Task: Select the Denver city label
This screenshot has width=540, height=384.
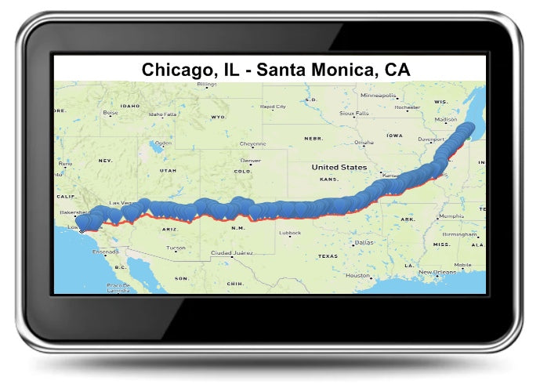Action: pyautogui.click(x=251, y=161)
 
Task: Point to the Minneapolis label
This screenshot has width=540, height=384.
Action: pyautogui.click(x=379, y=95)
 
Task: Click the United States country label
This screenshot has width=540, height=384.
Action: pyautogui.click(x=339, y=168)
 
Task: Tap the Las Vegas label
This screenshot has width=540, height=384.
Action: pyautogui.click(x=121, y=203)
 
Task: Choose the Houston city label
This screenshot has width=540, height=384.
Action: pyautogui.click(x=358, y=275)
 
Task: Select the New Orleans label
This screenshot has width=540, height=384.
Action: pyautogui.click(x=437, y=272)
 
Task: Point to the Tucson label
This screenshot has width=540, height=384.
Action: pyautogui.click(x=176, y=248)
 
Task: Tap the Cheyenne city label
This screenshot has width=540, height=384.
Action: pyautogui.click(x=252, y=143)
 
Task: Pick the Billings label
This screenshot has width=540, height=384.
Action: pyautogui.click(x=207, y=84)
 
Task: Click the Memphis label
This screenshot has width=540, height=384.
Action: pyautogui.click(x=451, y=216)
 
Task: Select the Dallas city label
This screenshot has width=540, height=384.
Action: pyautogui.click(x=364, y=242)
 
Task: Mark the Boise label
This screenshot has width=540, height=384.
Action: pyautogui.click(x=111, y=112)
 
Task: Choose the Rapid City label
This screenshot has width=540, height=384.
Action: pyautogui.click(x=274, y=107)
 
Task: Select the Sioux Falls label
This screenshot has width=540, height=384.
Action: pyautogui.click(x=353, y=113)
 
